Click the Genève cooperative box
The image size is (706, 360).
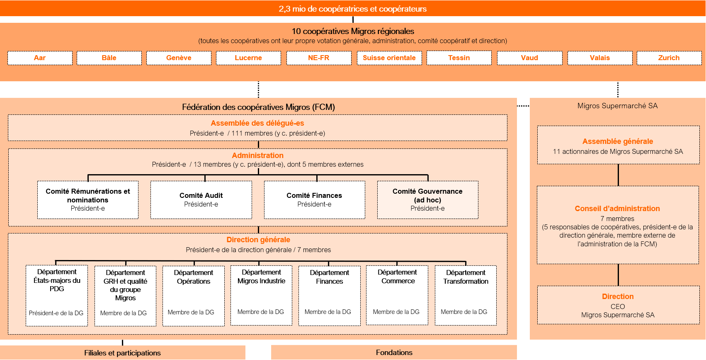click(179, 58)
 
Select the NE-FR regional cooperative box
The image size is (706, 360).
click(318, 58)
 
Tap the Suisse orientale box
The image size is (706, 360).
click(389, 58)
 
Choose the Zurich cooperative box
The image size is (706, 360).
click(669, 58)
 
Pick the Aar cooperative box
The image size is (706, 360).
click(40, 58)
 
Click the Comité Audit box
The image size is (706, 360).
click(201, 199)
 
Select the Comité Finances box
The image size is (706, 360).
click(314, 199)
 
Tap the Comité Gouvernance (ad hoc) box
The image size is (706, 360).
click(427, 199)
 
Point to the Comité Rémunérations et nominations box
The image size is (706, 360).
click(88, 199)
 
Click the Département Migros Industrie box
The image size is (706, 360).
click(261, 295)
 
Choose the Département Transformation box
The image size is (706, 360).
click(466, 295)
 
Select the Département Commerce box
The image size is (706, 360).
click(397, 295)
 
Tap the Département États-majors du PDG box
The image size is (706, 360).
click(57, 295)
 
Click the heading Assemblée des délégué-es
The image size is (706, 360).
click(257, 123)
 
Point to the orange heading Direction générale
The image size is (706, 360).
click(258, 240)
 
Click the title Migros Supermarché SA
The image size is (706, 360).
click(617, 106)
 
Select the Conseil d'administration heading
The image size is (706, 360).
click(617, 209)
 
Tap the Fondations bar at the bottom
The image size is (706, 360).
click(394, 353)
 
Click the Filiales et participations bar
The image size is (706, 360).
click(122, 353)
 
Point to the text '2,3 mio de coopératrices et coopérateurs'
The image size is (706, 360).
click(352, 9)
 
